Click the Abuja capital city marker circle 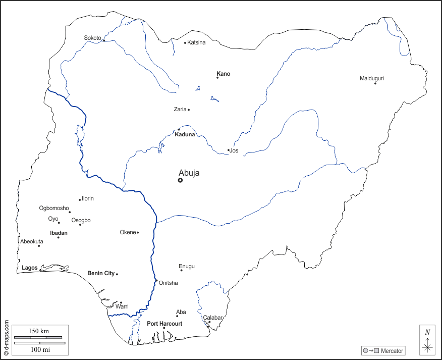[180, 180]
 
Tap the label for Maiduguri [372, 78]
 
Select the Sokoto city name [93, 38]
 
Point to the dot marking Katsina [185, 42]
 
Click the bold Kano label [224, 74]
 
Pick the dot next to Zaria [189, 110]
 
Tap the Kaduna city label [185, 134]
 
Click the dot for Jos [228, 150]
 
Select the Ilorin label [88, 198]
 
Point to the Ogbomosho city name [54, 208]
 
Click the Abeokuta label [32, 241]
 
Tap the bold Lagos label [30, 268]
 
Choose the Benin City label [101, 273]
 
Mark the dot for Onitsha [156, 280]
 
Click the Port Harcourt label [164, 324]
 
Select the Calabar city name [213, 318]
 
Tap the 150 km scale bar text [38, 331]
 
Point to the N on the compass [427, 332]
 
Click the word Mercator [392, 350]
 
